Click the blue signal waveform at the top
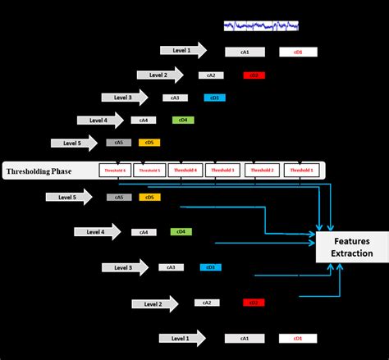[x=261, y=25]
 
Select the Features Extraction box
[x=351, y=247]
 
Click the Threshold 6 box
[x=115, y=170]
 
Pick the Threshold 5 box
[x=150, y=170]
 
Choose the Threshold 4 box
[x=185, y=170]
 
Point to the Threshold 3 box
[x=222, y=170]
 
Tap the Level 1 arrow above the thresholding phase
[x=181, y=51]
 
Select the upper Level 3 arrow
[x=124, y=98]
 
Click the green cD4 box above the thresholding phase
[x=183, y=120]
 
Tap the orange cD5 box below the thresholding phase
[x=149, y=198]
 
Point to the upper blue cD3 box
[x=214, y=98]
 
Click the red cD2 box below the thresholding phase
[x=254, y=303]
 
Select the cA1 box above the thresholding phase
[x=245, y=52]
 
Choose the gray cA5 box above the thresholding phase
[x=118, y=143]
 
